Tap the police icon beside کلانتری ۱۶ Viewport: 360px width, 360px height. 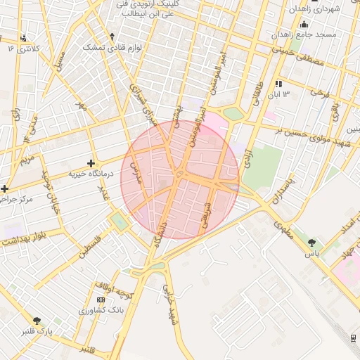24,39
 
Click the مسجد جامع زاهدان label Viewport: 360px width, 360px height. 306,34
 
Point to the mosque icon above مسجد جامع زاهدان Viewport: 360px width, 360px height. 304,24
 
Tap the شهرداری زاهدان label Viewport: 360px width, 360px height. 314,8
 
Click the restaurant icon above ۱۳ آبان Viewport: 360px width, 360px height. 278,84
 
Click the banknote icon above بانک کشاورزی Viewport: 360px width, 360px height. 101,300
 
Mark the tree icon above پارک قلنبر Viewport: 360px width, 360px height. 37,321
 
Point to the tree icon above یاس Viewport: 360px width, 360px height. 311,243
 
